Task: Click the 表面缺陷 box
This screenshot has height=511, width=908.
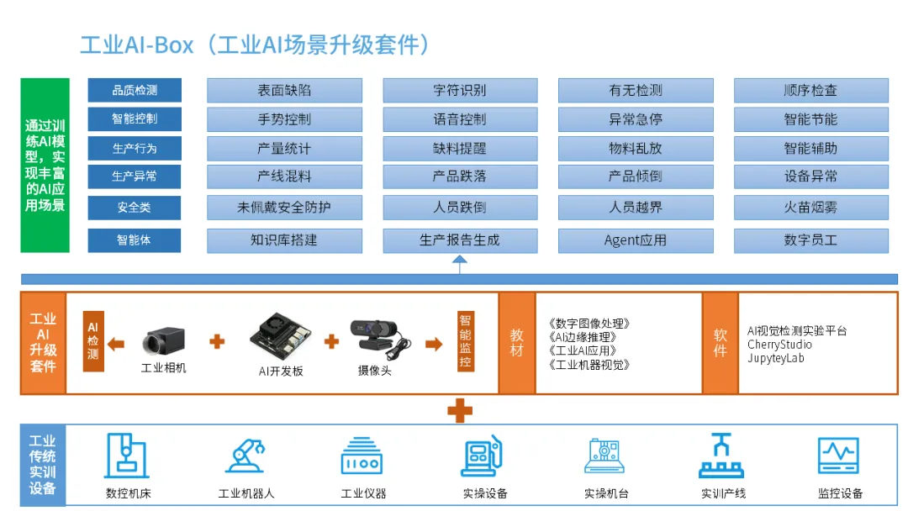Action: pos(284,91)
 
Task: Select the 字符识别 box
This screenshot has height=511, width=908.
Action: pos(460,91)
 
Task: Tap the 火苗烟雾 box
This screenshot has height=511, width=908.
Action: pos(810,207)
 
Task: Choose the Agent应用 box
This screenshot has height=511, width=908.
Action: pos(636,240)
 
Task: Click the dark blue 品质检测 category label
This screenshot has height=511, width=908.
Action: pos(135,91)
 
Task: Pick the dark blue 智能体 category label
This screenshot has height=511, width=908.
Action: pos(135,240)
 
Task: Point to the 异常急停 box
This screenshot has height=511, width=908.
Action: pos(636,119)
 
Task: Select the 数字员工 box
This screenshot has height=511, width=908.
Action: pos(810,240)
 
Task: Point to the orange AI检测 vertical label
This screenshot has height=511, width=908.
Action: pos(93,342)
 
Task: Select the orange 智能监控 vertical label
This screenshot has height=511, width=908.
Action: pos(465,341)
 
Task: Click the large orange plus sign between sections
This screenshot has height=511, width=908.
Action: pos(459,410)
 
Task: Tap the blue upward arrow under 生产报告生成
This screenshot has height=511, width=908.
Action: pos(459,264)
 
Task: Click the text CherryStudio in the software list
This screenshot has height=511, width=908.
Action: pos(779,345)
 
